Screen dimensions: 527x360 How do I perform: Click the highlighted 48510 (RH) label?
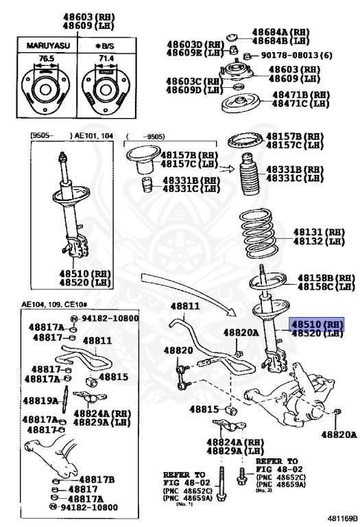[x=316, y=323]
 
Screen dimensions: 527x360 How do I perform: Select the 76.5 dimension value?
[x=46, y=60]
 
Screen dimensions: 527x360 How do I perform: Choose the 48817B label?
[x=97, y=479]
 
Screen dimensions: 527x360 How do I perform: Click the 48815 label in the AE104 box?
[x=115, y=377]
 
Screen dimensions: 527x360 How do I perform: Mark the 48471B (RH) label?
[x=301, y=95]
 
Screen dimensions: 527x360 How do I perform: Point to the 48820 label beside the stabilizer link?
[x=178, y=350]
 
